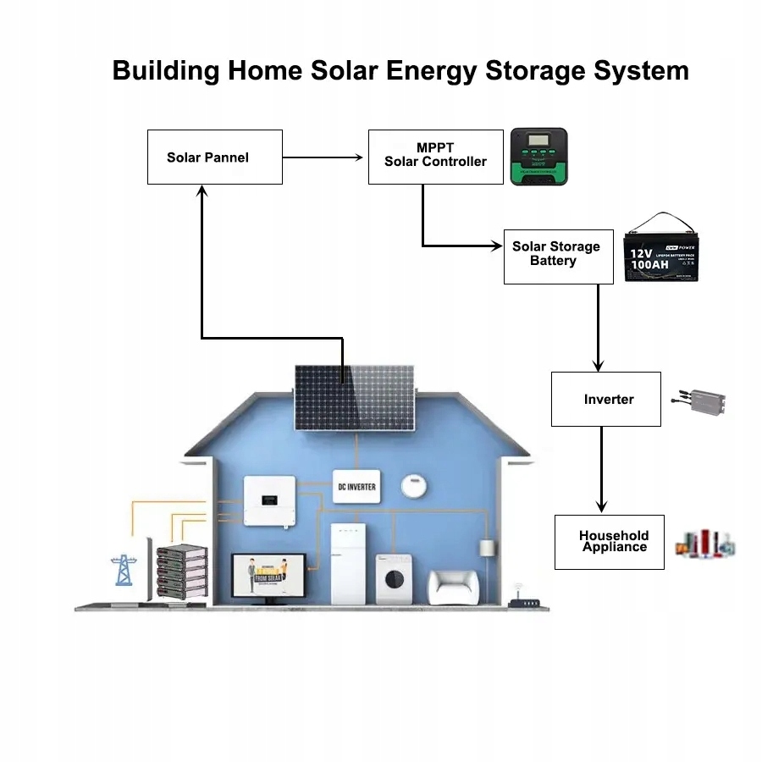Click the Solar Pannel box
coord(214,157)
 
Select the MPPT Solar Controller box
coord(436,156)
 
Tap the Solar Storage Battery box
coord(558,256)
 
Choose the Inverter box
coord(605,399)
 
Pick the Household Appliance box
coord(609,542)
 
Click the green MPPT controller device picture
coord(538,157)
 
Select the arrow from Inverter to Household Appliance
coord(601,470)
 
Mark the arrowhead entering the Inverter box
coord(598,365)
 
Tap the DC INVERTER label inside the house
coord(356,487)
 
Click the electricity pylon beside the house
coord(124,569)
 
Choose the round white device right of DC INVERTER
coord(413,486)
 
